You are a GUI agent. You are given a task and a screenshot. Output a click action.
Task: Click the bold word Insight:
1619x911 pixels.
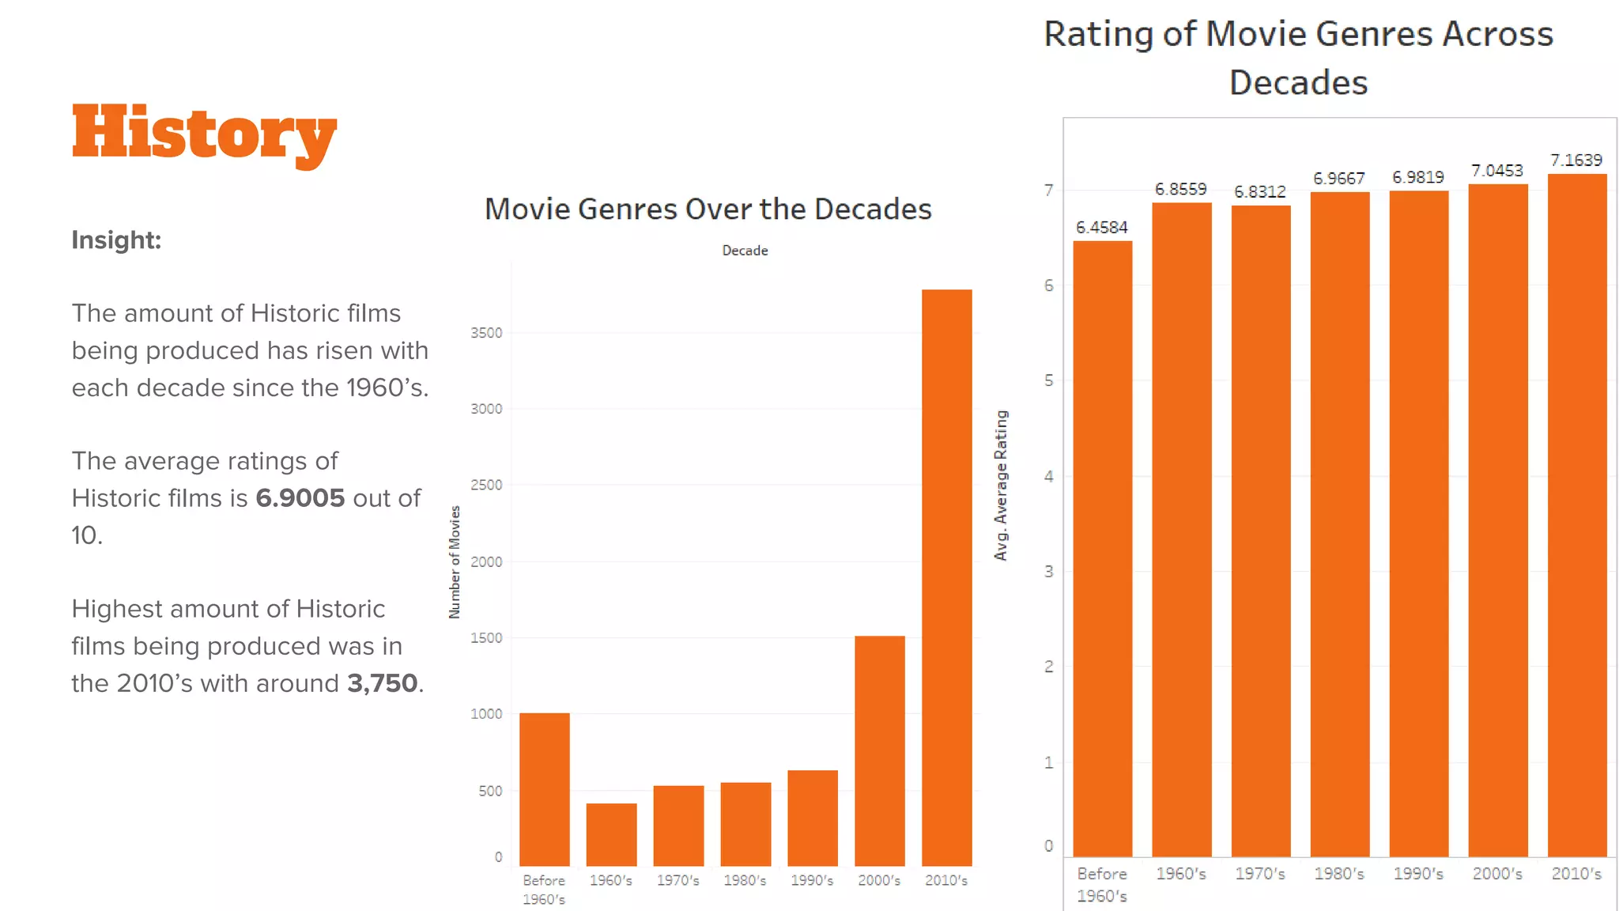(x=116, y=240)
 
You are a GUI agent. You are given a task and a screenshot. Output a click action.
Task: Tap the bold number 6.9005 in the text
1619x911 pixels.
(x=300, y=498)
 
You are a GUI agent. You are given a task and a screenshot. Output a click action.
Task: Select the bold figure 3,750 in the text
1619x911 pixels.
(x=383, y=683)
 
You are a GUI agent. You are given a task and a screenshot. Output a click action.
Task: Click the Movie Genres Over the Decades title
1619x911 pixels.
(x=708, y=210)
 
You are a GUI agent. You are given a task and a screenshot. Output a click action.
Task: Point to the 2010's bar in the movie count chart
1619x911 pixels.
(x=946, y=577)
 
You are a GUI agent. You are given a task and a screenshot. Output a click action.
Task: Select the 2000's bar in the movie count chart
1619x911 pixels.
(x=879, y=751)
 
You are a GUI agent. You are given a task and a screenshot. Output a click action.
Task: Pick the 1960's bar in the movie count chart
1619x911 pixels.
(x=611, y=834)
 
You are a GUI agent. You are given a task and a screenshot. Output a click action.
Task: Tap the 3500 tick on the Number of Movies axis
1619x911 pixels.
(x=486, y=333)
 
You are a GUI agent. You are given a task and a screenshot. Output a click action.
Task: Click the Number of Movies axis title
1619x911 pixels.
(x=455, y=562)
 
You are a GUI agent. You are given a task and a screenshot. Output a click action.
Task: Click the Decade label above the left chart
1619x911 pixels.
(x=745, y=251)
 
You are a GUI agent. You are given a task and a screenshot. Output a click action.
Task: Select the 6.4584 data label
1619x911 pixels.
(x=1101, y=228)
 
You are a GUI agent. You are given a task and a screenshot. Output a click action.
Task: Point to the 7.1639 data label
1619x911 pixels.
(x=1576, y=161)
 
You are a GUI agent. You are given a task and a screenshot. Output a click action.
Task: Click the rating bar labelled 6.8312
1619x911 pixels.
(x=1260, y=530)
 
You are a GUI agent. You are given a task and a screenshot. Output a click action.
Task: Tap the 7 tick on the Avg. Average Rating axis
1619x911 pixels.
(x=1048, y=191)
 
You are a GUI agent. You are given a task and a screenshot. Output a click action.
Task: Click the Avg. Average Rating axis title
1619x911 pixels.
(x=1001, y=486)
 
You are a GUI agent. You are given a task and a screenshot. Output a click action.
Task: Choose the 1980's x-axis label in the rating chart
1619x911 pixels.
(x=1339, y=874)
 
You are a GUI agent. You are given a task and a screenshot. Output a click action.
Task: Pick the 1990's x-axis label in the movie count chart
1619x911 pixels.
(x=812, y=880)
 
